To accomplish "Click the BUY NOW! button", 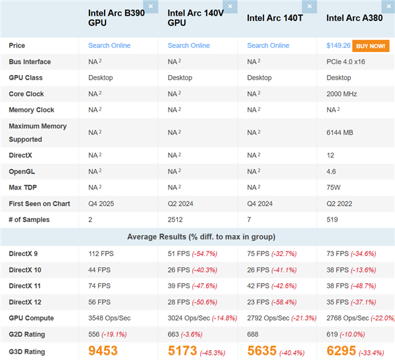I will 370,45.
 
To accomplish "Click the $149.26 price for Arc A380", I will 338,45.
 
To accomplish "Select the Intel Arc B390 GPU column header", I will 115,18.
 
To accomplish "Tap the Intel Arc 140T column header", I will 275,18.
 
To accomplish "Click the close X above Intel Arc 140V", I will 230,7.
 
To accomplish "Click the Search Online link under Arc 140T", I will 268,45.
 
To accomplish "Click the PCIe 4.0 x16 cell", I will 350,62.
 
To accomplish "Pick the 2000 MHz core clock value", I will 342,94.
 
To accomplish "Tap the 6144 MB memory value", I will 340,132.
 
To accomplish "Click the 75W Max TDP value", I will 334,188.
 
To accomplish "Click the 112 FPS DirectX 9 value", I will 101,253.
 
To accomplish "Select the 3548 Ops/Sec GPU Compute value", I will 109,318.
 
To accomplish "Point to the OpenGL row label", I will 22,172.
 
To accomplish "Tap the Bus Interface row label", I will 30,62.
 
